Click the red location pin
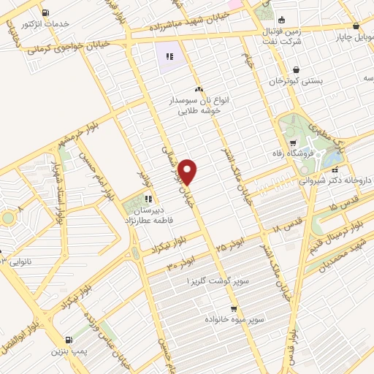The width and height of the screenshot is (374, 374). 188,172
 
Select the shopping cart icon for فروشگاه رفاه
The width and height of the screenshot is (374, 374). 292,143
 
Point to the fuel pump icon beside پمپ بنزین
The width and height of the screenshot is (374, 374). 69,340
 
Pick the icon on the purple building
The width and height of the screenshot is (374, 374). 169,56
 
